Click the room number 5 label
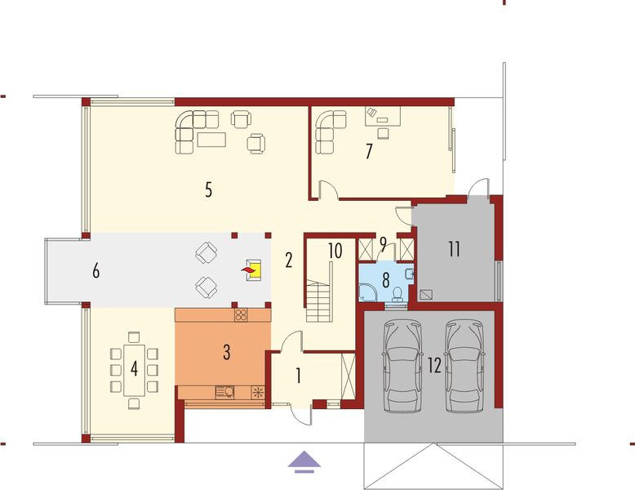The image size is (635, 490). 209,191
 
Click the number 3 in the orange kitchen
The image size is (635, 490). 227,353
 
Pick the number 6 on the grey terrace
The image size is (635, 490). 96,271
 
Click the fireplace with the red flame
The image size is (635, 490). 252,269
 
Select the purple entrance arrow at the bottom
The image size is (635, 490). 303,462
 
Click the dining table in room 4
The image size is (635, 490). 135,369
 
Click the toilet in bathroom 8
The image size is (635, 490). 397,293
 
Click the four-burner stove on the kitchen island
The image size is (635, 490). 241,315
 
